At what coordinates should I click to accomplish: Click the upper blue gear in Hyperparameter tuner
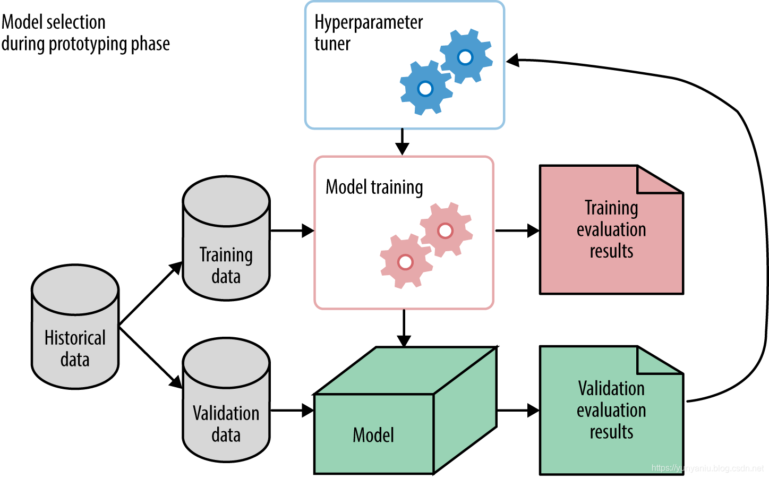pos(465,57)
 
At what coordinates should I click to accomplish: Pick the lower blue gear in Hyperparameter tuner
pos(425,88)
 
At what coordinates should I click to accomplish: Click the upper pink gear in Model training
pos(445,231)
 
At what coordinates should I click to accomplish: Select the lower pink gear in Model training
pos(405,262)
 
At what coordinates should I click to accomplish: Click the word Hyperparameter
pos(369,23)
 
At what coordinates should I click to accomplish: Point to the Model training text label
pos(374,187)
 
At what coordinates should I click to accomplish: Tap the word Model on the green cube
pos(373,435)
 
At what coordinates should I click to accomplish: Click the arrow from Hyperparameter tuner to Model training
pos(403,142)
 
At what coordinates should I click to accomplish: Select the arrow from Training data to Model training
pos(292,231)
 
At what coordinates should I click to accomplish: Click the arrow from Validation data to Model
pos(292,410)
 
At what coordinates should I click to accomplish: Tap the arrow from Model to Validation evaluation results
pos(518,410)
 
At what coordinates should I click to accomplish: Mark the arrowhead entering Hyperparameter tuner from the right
pos(513,60)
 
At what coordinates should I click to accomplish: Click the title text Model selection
pos(54,22)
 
